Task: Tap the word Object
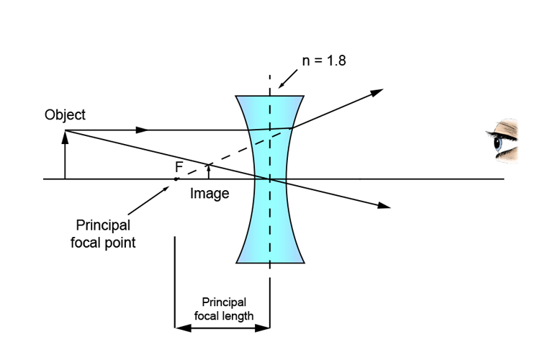click(x=65, y=114)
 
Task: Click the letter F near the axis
click(x=179, y=166)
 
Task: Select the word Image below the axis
click(x=210, y=193)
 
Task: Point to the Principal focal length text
click(x=223, y=308)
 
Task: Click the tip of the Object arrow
click(x=65, y=132)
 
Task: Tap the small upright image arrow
click(x=208, y=171)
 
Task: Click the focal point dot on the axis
click(x=176, y=179)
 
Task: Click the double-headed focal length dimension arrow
click(x=223, y=328)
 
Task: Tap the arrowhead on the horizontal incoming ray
click(x=143, y=130)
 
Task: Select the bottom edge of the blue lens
click(x=270, y=262)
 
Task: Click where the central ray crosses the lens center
click(x=270, y=179)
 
